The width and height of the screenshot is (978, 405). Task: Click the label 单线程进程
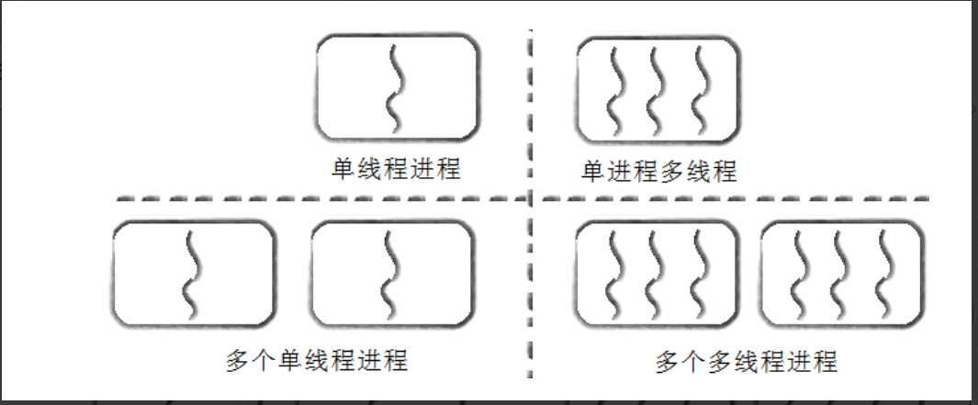click(396, 169)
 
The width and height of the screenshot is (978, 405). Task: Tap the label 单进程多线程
click(659, 171)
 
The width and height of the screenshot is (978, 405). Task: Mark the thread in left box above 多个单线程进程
click(192, 274)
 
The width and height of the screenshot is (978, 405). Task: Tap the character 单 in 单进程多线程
click(591, 171)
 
